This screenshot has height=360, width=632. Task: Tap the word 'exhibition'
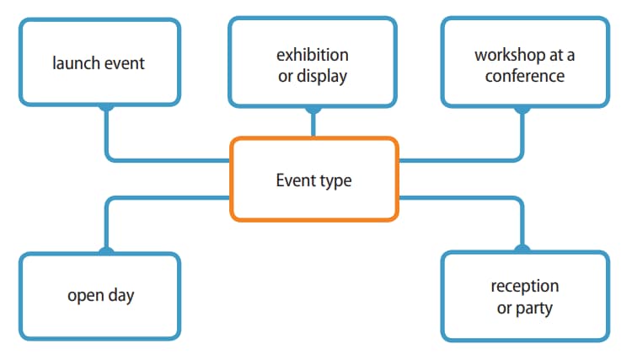pos(313,55)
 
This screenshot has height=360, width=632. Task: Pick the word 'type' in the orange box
pos(336,180)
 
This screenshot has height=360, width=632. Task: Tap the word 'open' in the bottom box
pos(85,296)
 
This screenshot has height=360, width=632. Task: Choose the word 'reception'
pos(524,287)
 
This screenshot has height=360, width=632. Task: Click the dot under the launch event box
pos(106,106)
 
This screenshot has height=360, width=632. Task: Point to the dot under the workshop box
pos(522,107)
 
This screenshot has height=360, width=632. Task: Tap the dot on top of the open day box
pos(106,251)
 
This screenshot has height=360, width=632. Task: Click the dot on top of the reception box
pos(522,250)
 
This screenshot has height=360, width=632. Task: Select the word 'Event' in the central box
pos(294,180)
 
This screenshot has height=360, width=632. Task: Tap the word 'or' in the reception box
pos(504,308)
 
